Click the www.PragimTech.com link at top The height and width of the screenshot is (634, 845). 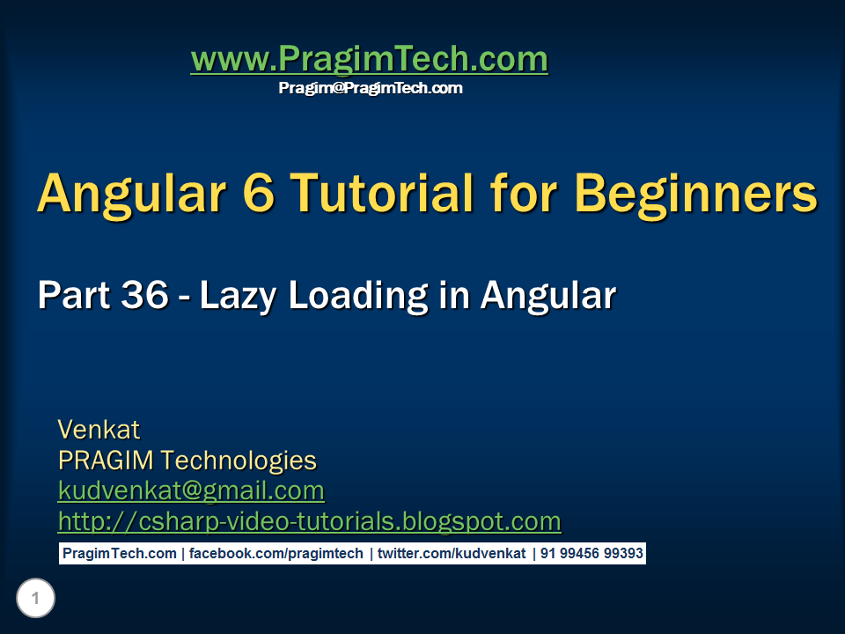[x=369, y=60]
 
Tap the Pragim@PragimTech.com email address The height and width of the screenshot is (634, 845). [x=371, y=88]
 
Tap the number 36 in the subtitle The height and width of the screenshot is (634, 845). [x=144, y=296]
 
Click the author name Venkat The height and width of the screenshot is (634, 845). [x=99, y=430]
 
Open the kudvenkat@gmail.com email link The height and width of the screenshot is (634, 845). [x=191, y=490]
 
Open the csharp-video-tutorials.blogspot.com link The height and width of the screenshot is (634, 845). [x=309, y=521]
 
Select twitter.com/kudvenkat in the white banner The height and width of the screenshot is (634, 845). [x=452, y=554]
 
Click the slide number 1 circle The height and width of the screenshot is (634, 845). [x=35, y=600]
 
